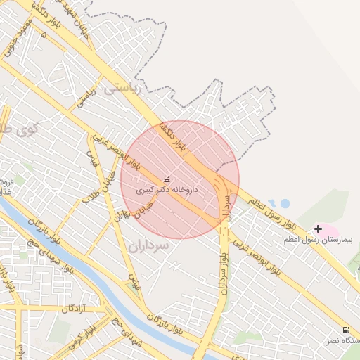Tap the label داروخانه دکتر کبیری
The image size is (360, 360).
167,190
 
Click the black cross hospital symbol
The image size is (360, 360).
319,229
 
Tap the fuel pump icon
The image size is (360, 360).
346,330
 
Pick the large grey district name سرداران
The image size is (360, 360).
150,246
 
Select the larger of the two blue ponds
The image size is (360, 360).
285,204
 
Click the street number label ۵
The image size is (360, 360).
44,33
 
